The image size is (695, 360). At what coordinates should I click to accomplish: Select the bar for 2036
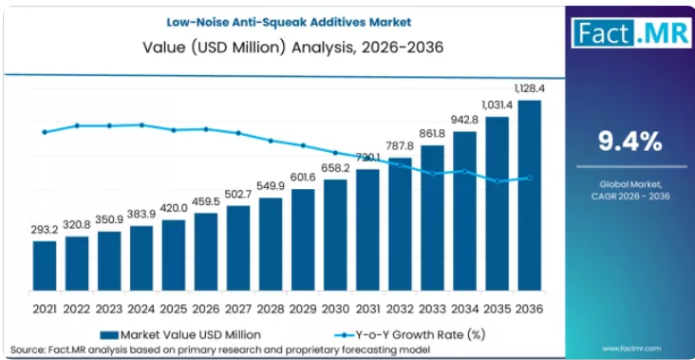(529, 196)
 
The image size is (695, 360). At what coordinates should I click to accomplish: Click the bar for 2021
(45, 266)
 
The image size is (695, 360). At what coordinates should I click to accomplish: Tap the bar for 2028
(271, 244)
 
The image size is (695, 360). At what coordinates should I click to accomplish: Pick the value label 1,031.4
(497, 105)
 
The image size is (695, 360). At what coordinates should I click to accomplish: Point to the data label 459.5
(206, 201)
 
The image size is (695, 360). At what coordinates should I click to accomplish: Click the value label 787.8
(400, 146)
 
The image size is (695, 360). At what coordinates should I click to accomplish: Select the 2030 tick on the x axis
(335, 309)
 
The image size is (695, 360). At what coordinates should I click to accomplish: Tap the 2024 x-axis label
(141, 309)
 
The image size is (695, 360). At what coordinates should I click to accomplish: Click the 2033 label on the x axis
(433, 309)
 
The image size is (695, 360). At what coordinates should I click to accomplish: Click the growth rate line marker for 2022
(77, 125)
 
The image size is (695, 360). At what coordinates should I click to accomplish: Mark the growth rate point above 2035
(498, 181)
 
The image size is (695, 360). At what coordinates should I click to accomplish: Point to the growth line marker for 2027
(238, 133)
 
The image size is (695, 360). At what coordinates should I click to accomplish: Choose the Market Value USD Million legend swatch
(109, 334)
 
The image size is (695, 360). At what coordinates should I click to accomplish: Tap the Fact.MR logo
(631, 32)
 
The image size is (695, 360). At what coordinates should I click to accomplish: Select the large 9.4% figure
(630, 142)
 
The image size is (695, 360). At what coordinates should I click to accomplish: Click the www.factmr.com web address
(631, 349)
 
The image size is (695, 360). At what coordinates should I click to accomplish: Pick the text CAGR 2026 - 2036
(630, 197)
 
